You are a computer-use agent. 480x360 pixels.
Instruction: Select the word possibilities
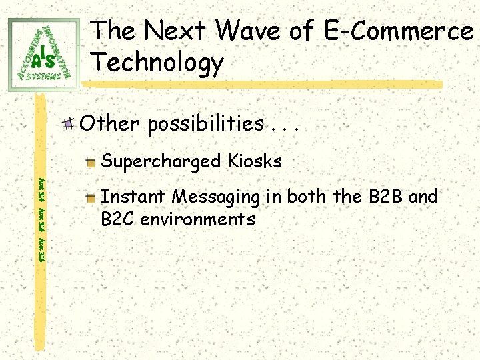point(206,124)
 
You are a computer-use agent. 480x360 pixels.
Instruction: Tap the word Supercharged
point(161,161)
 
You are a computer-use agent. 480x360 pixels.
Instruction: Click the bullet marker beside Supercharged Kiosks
point(91,162)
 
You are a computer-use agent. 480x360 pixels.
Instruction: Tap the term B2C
point(116,219)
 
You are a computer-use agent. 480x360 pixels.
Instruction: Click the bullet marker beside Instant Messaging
point(91,198)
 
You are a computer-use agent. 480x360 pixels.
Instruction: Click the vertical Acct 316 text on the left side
point(41,219)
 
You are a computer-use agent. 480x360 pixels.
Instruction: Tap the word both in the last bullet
point(308,197)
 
